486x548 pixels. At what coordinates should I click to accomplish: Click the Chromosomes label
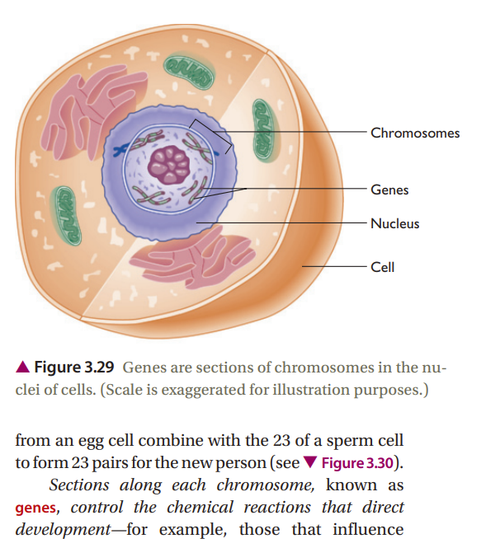coord(415,133)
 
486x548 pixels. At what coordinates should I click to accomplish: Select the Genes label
coord(389,190)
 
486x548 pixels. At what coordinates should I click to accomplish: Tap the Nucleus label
coord(394,223)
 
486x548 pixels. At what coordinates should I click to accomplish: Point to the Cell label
coord(382,267)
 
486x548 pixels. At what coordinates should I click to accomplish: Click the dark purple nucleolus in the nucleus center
coord(169,165)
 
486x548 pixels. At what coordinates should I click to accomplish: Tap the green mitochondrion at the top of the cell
coord(189,72)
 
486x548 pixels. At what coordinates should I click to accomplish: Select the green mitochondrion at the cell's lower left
coord(66,216)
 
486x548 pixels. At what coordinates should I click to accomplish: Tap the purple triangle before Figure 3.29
coord(23,367)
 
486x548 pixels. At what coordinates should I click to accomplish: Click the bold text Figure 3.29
coord(74,368)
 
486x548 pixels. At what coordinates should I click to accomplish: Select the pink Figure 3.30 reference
coord(357,463)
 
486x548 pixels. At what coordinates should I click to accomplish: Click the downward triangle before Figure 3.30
coord(310,463)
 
